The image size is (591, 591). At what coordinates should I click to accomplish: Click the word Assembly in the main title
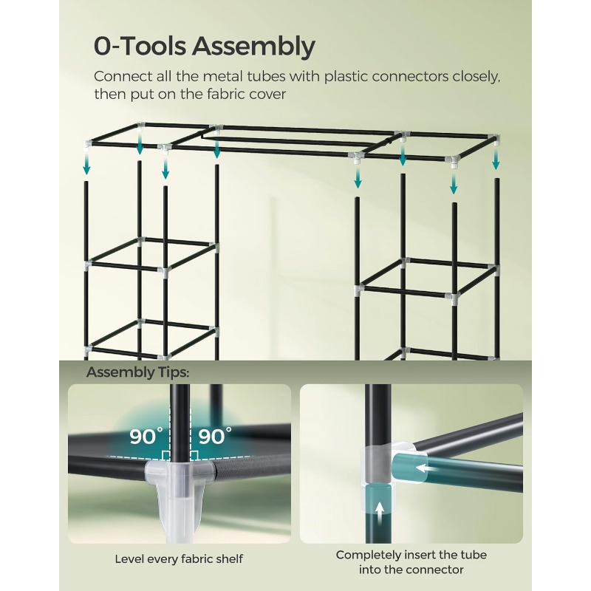[x=253, y=47]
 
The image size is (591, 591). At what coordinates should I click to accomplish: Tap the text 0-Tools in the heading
[x=140, y=46]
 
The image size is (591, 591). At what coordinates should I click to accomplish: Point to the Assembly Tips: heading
[x=137, y=373]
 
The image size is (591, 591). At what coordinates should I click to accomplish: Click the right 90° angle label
[x=215, y=436]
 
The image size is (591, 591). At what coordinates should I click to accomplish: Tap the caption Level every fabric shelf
[x=179, y=558]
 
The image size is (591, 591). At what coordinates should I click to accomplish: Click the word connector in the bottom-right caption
[x=437, y=570]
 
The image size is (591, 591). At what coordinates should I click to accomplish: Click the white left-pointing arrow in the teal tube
[x=423, y=468]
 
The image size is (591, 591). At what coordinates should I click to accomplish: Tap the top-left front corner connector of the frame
[x=88, y=145]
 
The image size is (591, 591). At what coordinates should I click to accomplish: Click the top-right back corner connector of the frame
[x=494, y=140]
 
